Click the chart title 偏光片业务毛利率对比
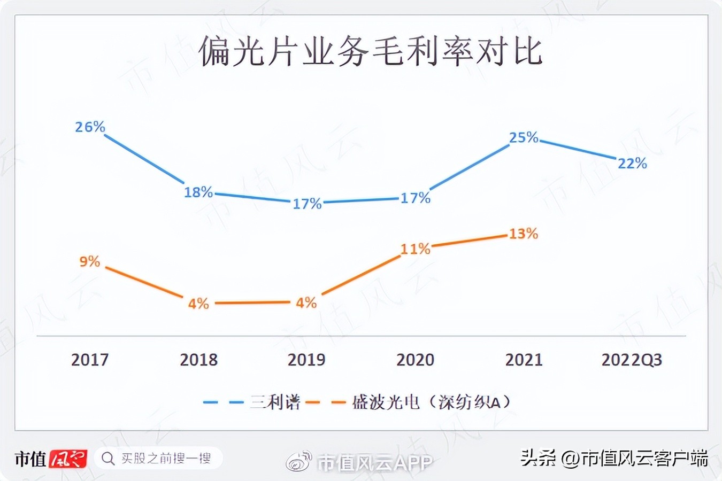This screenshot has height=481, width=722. click(370, 52)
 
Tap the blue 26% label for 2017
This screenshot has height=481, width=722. click(90, 127)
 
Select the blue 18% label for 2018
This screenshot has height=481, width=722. click(198, 192)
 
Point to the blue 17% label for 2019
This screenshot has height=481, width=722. click(307, 204)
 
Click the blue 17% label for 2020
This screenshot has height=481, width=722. click(416, 198)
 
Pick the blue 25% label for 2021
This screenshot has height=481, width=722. click(524, 137)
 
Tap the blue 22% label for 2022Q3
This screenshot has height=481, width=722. click(632, 163)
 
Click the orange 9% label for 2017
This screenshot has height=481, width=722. click(90, 261)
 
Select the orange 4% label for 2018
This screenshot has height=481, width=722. click(198, 304)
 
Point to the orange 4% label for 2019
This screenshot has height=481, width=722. click(306, 303)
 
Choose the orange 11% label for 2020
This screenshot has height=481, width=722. click(416, 249)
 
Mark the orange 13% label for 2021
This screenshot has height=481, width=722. click(523, 234)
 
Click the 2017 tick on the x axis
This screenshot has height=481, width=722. click(90, 360)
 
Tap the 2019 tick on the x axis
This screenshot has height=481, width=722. click(306, 360)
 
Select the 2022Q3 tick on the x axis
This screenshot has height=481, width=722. click(632, 360)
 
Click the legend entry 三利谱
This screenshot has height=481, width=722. click(275, 402)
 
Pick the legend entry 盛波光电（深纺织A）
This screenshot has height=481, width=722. click(431, 402)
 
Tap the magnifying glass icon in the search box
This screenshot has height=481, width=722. click(108, 459)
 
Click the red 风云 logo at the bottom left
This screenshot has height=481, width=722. click(68, 459)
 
